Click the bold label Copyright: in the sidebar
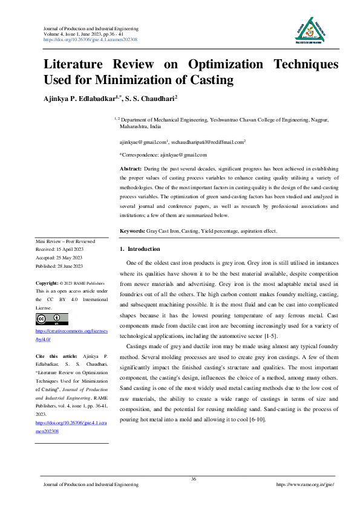48,283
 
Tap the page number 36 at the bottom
194,479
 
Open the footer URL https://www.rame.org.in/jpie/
305,485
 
